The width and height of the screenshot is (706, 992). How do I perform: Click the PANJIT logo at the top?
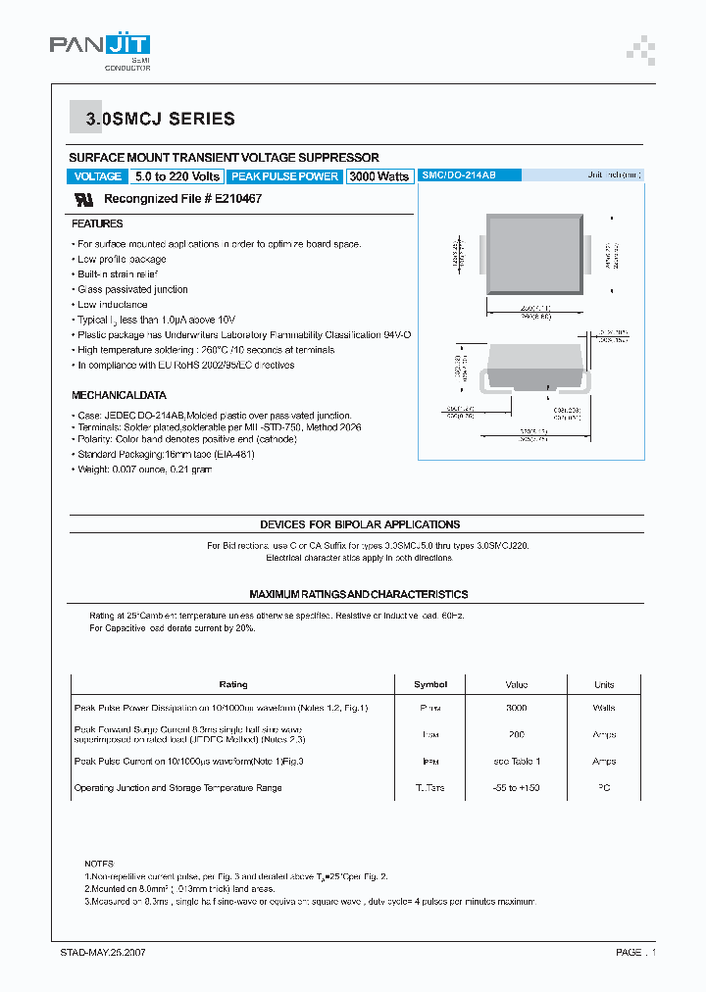(x=100, y=48)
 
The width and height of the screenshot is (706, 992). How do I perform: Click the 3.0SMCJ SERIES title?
(x=161, y=120)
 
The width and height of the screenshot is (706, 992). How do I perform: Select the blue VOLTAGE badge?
(x=98, y=176)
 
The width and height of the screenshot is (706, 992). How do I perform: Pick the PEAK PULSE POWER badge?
(x=284, y=176)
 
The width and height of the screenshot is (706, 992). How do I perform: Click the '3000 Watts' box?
(x=379, y=176)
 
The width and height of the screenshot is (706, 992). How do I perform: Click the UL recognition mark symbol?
(x=84, y=199)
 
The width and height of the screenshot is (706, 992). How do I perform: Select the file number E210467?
(x=233, y=199)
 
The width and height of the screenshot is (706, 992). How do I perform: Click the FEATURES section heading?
(x=97, y=224)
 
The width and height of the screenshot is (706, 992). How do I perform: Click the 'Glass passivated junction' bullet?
(x=132, y=289)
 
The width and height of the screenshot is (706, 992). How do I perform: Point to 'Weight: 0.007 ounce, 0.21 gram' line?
(x=144, y=470)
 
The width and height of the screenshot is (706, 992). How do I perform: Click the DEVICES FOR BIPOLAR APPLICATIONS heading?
(x=360, y=524)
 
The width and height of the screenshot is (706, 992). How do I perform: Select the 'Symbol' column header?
(x=430, y=684)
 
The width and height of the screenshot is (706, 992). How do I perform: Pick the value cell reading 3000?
(x=517, y=708)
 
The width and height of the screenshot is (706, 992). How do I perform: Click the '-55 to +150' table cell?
(x=517, y=788)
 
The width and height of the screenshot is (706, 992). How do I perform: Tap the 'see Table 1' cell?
(x=517, y=762)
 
